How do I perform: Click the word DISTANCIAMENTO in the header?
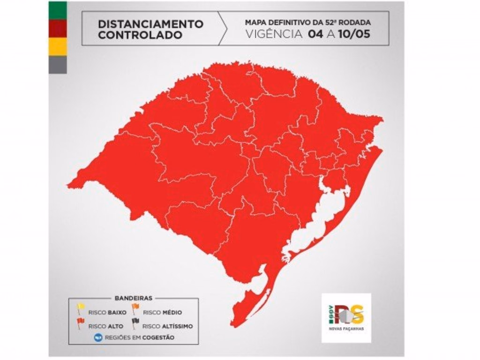coord(150,23)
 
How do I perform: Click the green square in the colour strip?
coord(58,10)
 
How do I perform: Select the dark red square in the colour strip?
coord(58,29)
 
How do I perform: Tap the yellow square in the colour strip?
coord(58,46)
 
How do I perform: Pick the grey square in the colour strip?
coord(58,65)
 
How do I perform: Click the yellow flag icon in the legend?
coord(81,308)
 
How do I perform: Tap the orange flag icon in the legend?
coord(135,308)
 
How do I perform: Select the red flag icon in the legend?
coord(81,322)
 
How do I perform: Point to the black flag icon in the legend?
coord(135,322)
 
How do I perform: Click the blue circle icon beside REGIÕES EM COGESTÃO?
coord(98,336)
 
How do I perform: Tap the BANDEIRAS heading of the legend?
coord(133,298)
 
